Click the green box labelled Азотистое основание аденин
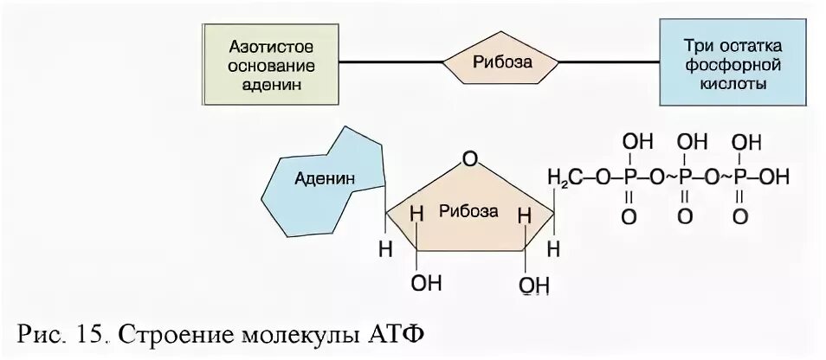coord(272,63)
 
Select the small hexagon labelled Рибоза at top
coord(500,63)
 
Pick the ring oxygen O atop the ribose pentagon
coord(469,158)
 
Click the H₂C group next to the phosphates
coord(564,178)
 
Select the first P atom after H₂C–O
coord(629,178)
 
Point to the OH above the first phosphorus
coord(633,141)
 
